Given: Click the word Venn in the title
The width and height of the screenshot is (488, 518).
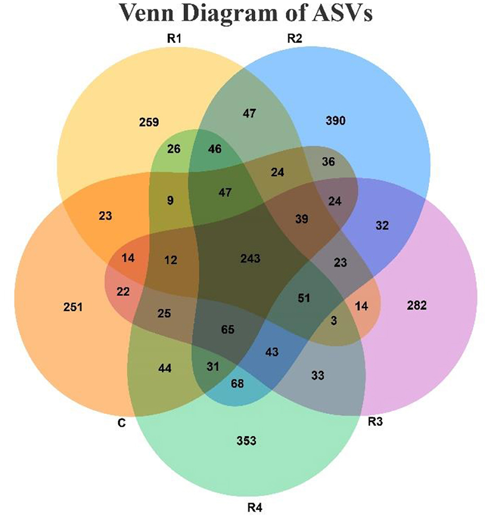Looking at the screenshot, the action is point(148,14).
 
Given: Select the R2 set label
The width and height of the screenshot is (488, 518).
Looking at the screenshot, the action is point(295,38).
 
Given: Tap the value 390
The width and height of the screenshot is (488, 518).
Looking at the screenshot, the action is point(336,121).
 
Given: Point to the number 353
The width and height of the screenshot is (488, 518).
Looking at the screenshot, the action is point(246,441).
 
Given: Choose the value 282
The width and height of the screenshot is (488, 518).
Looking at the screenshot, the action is point(416,306).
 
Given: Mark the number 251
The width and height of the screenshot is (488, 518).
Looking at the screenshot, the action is point(73,307).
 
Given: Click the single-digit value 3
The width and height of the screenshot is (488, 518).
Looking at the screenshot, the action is point(334,321).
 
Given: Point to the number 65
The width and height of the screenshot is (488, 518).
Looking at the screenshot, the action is point(228,330).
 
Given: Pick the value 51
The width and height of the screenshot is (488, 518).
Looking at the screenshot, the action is point(304,298).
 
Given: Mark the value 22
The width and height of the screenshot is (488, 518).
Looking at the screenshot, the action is point(123,291).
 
